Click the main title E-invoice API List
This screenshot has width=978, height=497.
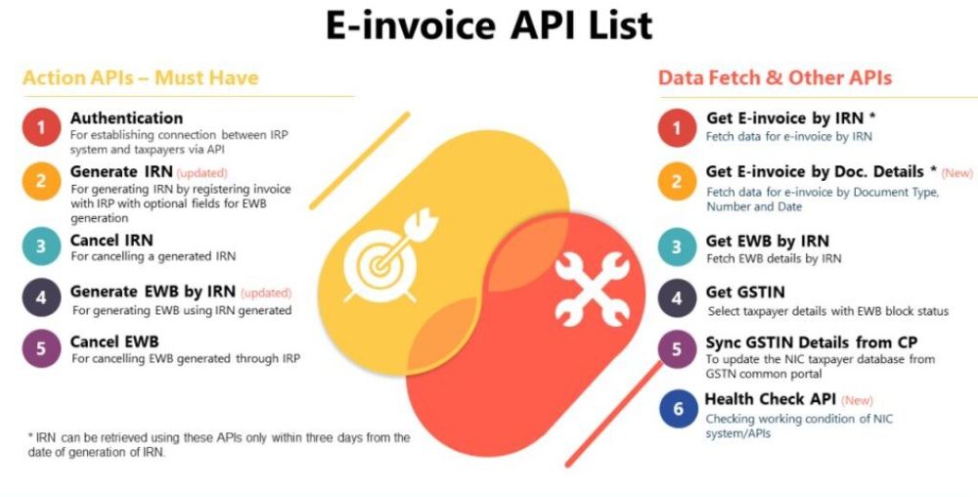(x=489, y=26)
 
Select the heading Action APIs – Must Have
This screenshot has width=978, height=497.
(x=140, y=78)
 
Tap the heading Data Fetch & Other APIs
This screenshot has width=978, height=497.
(x=776, y=78)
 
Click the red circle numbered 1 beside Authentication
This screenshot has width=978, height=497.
(x=41, y=127)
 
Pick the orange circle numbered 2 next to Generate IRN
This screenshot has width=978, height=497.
(x=41, y=181)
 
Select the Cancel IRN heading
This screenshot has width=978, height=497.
(x=111, y=240)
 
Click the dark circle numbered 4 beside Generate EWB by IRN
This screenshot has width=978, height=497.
(x=41, y=296)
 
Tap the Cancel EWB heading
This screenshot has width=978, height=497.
(x=114, y=341)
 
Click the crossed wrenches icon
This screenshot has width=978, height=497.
(x=593, y=289)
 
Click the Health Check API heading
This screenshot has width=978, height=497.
(x=771, y=399)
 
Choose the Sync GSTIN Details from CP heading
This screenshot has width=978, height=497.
(x=812, y=342)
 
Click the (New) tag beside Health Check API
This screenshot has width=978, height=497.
(x=857, y=400)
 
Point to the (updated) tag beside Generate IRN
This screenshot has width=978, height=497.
(x=202, y=173)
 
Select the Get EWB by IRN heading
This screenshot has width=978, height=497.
(x=768, y=241)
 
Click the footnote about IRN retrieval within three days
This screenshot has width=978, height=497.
(x=219, y=445)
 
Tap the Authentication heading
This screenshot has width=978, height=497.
(x=126, y=117)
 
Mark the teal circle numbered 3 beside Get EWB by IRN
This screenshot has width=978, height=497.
(x=677, y=247)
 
